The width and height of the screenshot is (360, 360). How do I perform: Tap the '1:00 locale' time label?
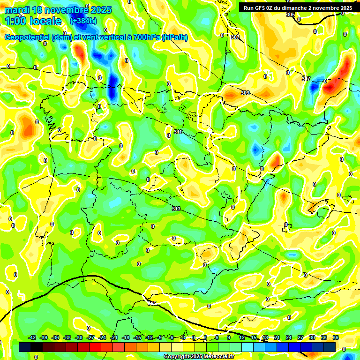point(33,21)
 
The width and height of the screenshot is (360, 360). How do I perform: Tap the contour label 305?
point(291,15)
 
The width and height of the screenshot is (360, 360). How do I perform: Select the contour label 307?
point(235,37)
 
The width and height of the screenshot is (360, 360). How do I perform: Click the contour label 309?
point(245,93)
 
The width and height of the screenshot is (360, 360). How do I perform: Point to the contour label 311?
point(178,132)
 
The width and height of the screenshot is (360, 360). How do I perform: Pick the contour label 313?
point(176,209)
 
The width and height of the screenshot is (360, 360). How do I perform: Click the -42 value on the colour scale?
point(32,337)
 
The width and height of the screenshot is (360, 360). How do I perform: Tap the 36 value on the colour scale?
point(336,337)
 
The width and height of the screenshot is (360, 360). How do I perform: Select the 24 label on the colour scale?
point(289,337)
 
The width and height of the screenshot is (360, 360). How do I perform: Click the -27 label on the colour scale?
point(90,337)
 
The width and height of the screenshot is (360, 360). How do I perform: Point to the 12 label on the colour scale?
point(242,337)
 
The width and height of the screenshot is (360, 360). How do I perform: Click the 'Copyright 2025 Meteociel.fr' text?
point(199,356)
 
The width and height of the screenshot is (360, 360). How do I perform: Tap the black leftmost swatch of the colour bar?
point(25,347)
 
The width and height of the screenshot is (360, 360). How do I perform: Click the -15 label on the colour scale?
point(137,337)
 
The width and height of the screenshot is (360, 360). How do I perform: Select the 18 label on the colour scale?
point(265,337)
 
